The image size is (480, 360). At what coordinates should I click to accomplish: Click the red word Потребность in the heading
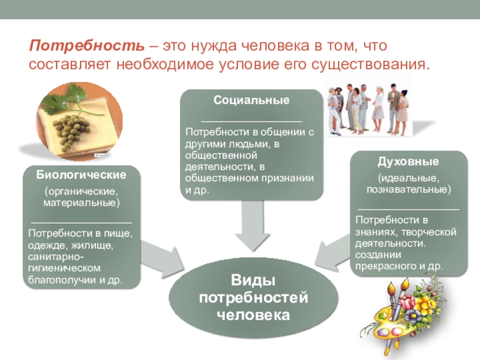coord(88,47)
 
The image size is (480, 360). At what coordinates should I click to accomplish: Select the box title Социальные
coord(251,100)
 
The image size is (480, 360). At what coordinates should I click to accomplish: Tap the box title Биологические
coord(82,175)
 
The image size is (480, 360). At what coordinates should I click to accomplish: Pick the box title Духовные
coord(408,161)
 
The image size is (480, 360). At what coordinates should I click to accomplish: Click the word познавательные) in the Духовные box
coord(409,189)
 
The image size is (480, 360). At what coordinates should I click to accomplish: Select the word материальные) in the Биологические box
coord(82,202)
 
